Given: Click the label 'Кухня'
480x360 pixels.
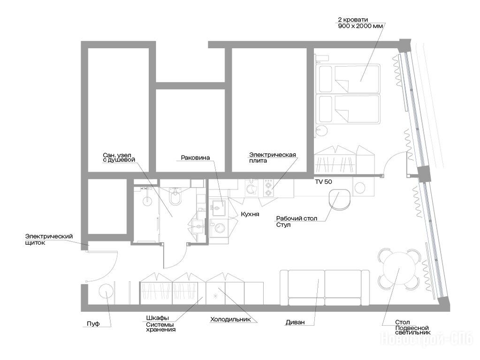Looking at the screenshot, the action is [250, 214].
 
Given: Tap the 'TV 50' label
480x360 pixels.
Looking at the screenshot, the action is [324, 182].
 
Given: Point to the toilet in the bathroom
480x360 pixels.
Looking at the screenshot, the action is [175, 196].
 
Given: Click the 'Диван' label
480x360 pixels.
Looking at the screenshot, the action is [295, 322].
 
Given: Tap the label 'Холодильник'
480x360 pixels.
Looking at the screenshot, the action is [230, 320].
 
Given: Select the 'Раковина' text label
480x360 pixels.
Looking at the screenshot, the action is [195, 158].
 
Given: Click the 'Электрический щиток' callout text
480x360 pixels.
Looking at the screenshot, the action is [49, 240].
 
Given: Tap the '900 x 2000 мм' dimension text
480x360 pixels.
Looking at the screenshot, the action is [360, 26].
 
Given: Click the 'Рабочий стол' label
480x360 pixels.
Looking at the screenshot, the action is [297, 219].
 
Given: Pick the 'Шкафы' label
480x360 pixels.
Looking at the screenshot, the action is [157, 318].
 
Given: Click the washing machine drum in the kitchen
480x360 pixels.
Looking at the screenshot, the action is [220, 228].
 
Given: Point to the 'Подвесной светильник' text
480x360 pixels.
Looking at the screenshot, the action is [412, 330].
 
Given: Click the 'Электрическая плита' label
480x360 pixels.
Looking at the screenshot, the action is [273, 157].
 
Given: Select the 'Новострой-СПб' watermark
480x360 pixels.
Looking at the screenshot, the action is [427, 338].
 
